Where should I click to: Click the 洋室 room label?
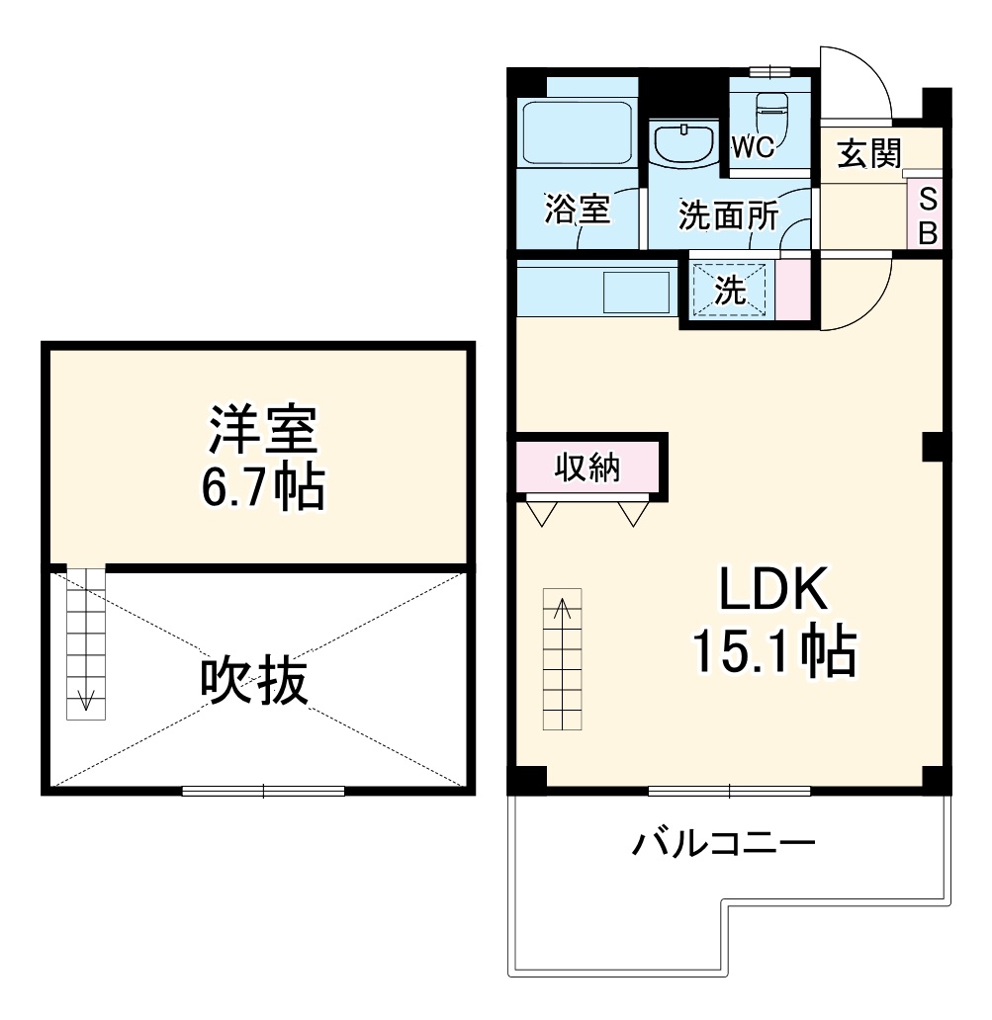click(x=261, y=431)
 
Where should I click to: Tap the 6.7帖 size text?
click(x=263, y=486)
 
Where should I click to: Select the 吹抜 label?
click(x=254, y=681)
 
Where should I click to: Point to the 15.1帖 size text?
click(x=772, y=649)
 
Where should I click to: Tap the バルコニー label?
click(x=724, y=845)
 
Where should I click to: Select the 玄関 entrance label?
click(x=868, y=154)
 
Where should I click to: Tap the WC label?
click(x=752, y=148)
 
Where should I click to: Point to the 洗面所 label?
click(x=727, y=215)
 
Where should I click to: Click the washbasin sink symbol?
click(x=683, y=143)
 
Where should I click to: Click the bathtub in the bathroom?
click(x=577, y=132)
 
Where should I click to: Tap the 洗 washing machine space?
click(x=731, y=291)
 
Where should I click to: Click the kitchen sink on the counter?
click(x=637, y=292)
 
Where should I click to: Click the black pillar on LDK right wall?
click(x=932, y=446)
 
